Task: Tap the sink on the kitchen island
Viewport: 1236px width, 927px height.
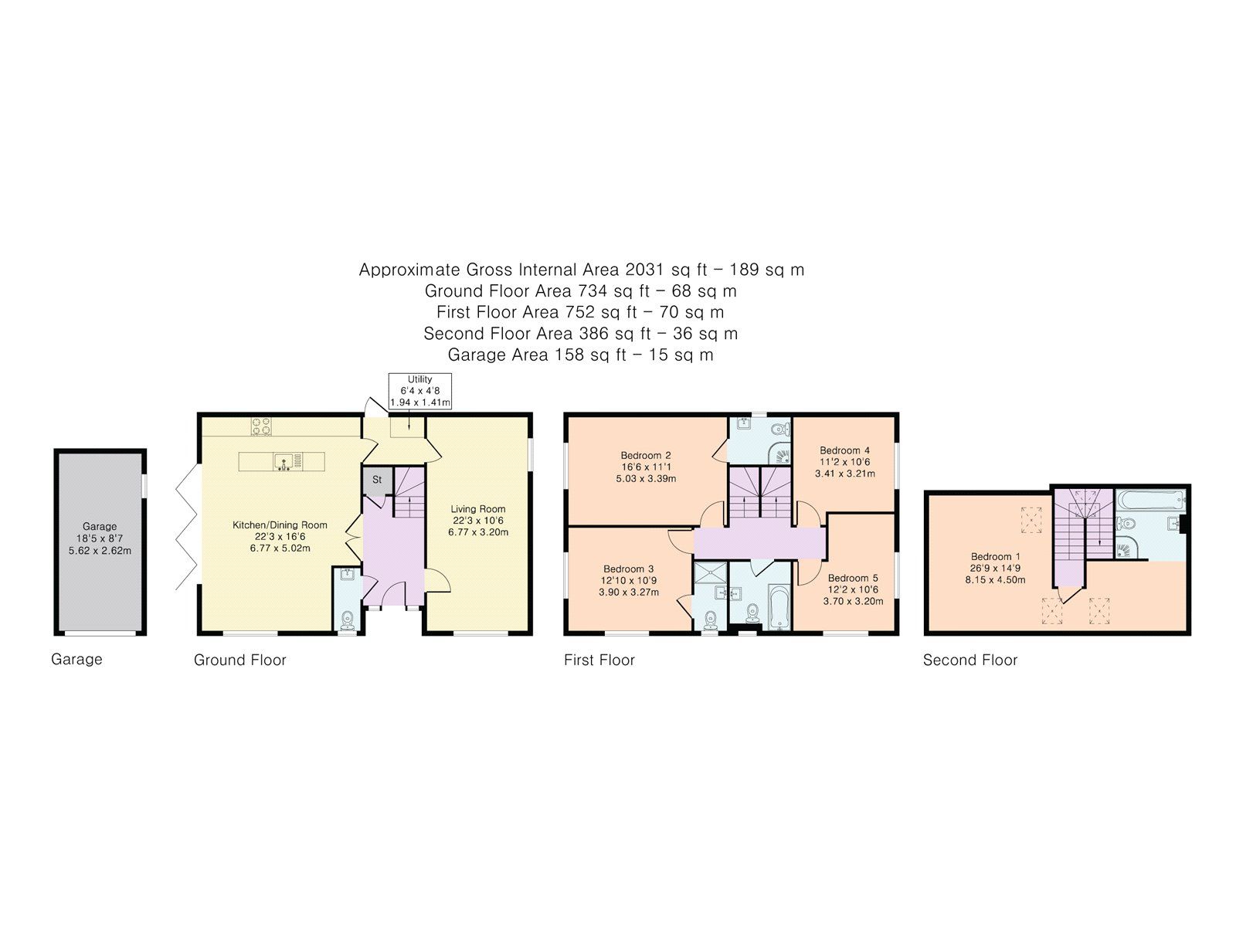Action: tap(284, 462)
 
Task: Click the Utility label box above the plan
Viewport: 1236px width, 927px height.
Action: tap(419, 391)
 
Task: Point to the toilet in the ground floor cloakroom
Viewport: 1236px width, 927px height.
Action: tap(348, 619)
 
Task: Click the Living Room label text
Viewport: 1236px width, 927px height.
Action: tap(478, 508)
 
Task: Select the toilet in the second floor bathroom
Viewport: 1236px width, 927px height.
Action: tap(1126, 523)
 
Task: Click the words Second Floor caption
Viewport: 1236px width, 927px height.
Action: tap(970, 660)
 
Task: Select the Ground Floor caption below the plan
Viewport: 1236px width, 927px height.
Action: tap(239, 660)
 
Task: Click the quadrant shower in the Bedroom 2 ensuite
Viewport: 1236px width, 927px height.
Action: tap(782, 454)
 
